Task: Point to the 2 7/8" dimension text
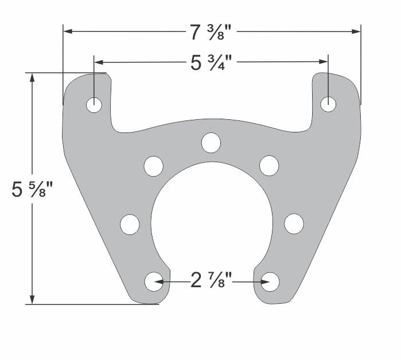211,281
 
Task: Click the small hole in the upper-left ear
94,105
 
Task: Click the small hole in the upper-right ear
328,104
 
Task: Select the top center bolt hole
211,142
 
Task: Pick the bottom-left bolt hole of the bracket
154,281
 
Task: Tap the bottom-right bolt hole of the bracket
270,281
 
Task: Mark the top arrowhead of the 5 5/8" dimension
33,77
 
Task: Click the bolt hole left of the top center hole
154,166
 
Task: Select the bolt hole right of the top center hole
269,165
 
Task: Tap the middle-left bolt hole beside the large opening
130,224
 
